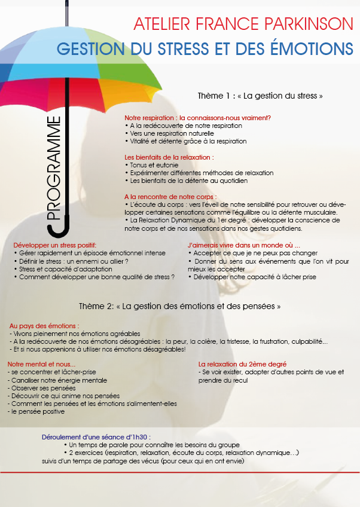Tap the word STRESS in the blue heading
click(197, 48)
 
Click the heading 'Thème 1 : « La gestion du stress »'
click(260, 96)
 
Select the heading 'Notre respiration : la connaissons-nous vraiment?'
click(197, 118)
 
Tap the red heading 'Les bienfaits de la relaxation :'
click(169, 157)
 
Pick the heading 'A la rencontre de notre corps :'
click(170, 197)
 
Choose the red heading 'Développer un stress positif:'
click(55, 246)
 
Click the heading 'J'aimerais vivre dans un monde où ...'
click(243, 246)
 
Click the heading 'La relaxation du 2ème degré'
click(242, 364)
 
